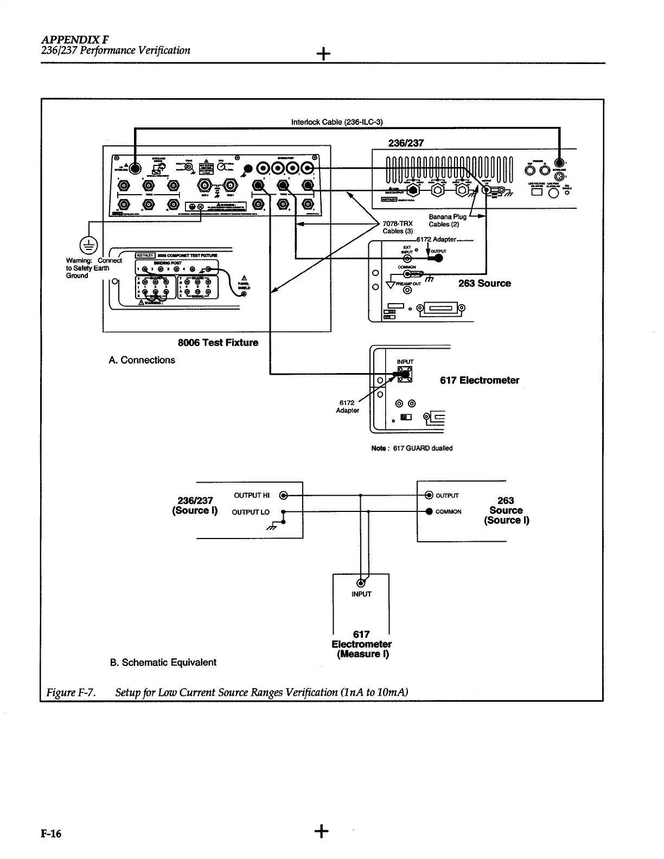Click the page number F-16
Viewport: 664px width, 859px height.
pos(53,834)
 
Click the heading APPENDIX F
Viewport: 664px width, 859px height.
pos(74,40)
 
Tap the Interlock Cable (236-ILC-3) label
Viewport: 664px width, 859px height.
pos(337,122)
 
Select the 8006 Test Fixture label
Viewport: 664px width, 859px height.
pos(218,343)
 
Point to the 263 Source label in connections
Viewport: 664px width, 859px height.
pos(484,283)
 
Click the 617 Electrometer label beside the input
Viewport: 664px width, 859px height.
pos(479,380)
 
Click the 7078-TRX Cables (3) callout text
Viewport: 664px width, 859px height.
pos(398,227)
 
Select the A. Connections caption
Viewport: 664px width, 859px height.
pos(142,360)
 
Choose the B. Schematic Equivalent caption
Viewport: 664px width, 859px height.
pos(163,662)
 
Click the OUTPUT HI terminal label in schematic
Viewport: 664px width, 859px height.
pos(252,495)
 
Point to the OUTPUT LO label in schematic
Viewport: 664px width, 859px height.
pos(251,512)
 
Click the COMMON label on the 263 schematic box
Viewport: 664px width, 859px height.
pos(448,511)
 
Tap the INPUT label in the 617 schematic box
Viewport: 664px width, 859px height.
pos(361,594)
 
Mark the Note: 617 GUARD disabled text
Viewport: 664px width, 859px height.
pos(412,448)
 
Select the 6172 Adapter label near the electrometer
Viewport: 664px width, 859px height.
pos(347,406)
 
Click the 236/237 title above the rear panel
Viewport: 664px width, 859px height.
pos(406,143)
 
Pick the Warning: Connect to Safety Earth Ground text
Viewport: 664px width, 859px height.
pos(87,268)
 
